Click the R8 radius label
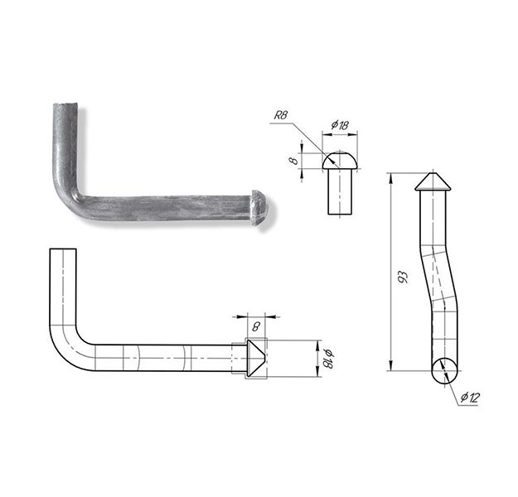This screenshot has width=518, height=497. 281,115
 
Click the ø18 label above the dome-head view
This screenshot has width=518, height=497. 340,125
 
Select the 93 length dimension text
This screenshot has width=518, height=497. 403,277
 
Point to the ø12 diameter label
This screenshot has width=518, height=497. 470,398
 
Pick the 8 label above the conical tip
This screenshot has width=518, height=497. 256,326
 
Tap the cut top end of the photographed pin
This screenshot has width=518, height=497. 65,106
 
